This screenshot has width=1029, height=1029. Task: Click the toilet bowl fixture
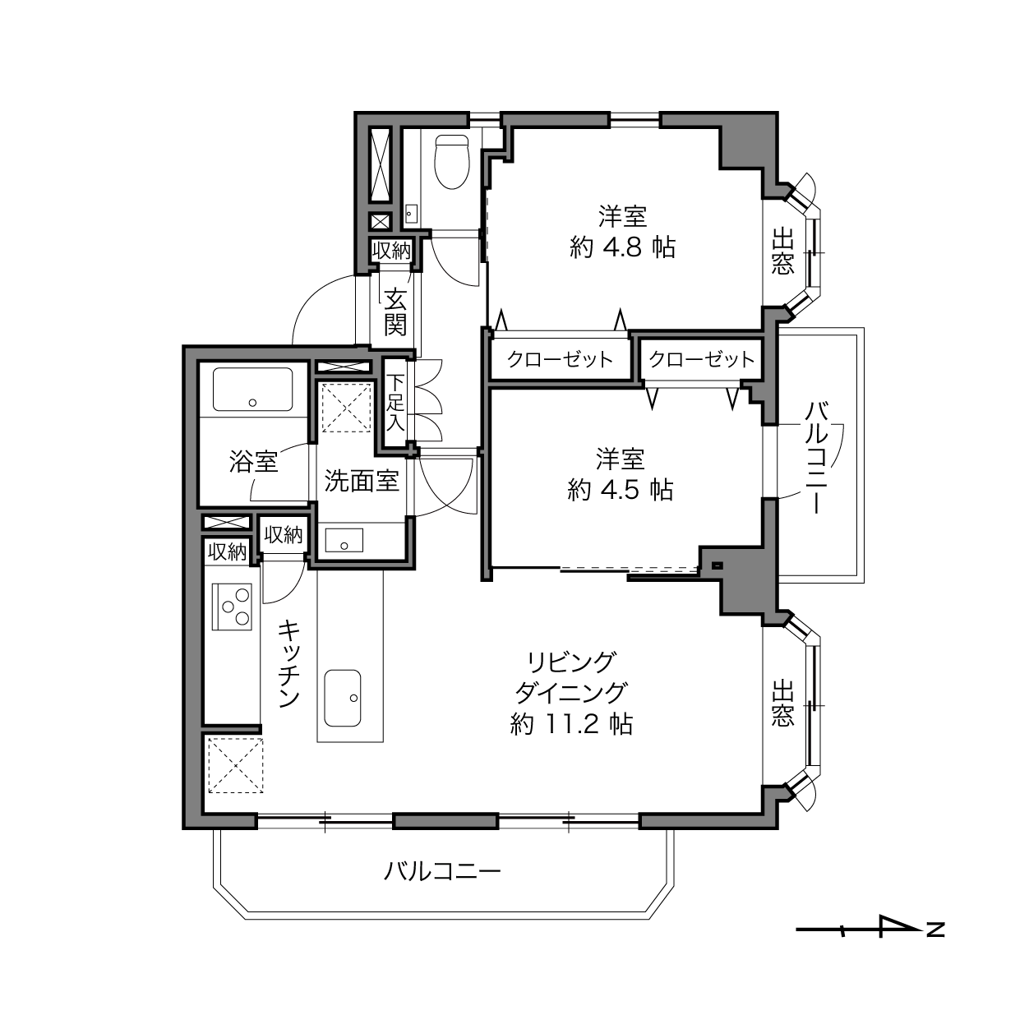[452, 162]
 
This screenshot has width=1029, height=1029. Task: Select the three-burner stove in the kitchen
[233, 607]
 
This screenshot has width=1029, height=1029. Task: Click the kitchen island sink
[342, 698]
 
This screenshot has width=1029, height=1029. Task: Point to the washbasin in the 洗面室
[344, 541]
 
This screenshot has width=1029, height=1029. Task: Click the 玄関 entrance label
[395, 311]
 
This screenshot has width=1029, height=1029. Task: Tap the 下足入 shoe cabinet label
[395, 403]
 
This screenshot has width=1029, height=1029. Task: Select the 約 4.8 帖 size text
[623, 247]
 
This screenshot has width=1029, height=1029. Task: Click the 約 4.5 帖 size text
[620, 490]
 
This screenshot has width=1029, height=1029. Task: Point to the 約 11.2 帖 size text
[571, 724]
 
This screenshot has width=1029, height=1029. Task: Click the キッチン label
[289, 664]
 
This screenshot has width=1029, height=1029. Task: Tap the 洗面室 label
[362, 481]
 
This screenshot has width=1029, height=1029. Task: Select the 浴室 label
[254, 461]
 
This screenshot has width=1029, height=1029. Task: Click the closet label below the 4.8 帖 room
[561, 359]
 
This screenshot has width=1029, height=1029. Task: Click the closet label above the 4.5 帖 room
[702, 359]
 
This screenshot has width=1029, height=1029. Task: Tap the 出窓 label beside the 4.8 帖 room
[782, 251]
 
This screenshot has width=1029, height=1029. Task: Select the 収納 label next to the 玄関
[391, 251]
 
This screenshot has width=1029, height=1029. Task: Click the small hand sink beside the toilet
[411, 215]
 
